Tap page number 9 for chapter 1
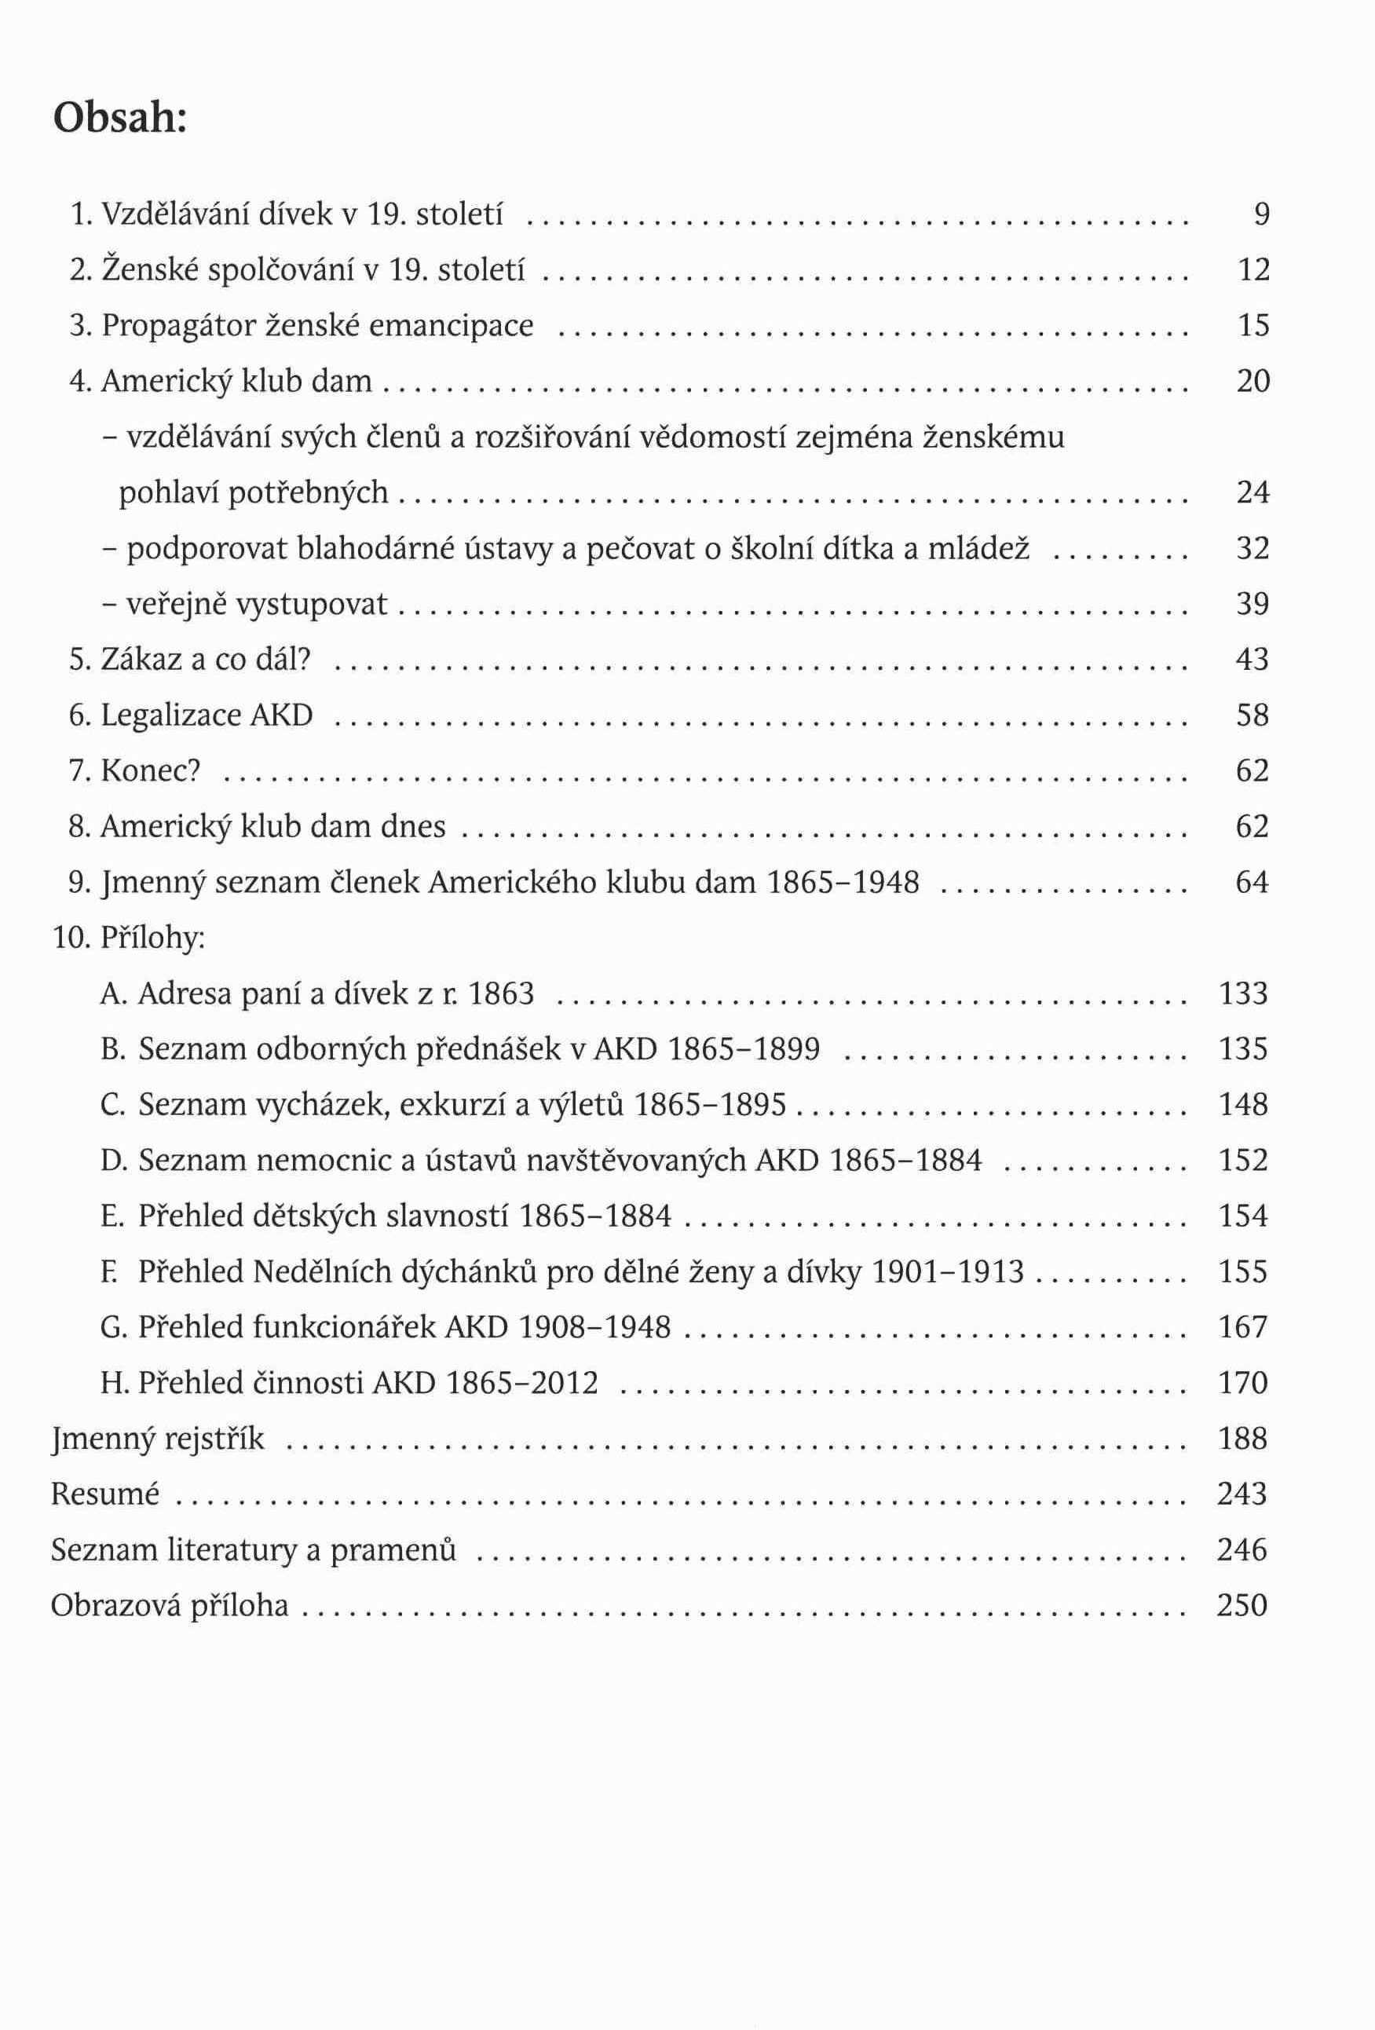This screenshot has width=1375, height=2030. coord(1261,214)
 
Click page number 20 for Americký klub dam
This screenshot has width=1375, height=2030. coord(1252,382)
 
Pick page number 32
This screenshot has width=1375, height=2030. coord(1252,549)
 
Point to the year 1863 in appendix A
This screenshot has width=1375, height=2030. coord(500,994)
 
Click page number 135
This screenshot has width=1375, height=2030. coord(1242,1049)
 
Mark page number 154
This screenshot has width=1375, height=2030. coord(1242,1216)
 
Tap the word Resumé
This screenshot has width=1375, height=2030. coord(104,1494)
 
